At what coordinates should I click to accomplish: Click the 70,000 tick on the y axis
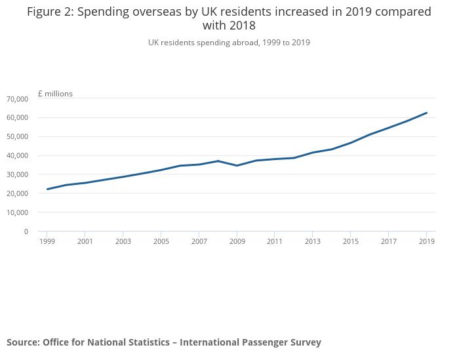pyautogui.click(x=17, y=99)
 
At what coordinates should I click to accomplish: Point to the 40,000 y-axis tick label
pyautogui.click(x=17, y=155)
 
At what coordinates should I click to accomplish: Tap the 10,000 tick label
pyautogui.click(x=17, y=212)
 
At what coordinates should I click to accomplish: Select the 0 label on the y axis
pyautogui.click(x=26, y=231)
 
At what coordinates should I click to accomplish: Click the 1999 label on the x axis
pyautogui.click(x=47, y=242)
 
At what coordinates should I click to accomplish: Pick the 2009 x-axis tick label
pyautogui.click(x=237, y=242)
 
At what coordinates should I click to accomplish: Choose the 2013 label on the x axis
pyautogui.click(x=313, y=242)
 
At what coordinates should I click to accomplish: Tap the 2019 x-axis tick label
pyautogui.click(x=427, y=242)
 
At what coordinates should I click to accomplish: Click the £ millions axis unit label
pyautogui.click(x=55, y=94)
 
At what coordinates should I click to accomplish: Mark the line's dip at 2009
pyautogui.click(x=237, y=165)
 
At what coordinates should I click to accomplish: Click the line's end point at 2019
pyautogui.click(x=427, y=113)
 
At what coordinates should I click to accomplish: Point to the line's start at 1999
pyautogui.click(x=47, y=189)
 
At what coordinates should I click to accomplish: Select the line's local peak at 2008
pyautogui.click(x=218, y=161)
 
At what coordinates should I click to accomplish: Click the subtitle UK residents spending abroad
pyautogui.click(x=229, y=43)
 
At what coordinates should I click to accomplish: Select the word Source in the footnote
pyautogui.click(x=22, y=342)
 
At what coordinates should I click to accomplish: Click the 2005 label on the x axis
pyautogui.click(x=161, y=242)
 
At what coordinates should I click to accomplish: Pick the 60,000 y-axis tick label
pyautogui.click(x=17, y=117)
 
